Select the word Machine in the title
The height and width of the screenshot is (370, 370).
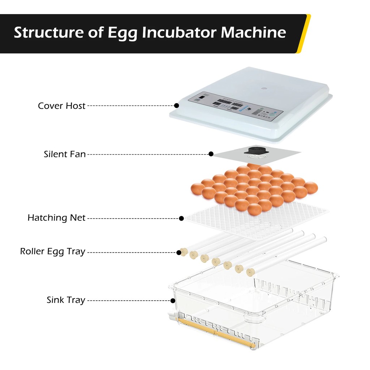coord(253,33)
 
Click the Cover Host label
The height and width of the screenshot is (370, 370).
coord(62,106)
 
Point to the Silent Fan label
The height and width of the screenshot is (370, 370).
coord(65,154)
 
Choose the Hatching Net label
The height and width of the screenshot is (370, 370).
coord(56,218)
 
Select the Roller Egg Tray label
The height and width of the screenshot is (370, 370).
coord(53,251)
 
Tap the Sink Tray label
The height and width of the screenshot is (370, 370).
coord(66,300)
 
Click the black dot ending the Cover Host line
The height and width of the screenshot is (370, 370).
coord(176,106)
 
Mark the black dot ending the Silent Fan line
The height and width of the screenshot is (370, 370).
coord(211,154)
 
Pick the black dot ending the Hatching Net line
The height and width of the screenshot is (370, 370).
coord(181,218)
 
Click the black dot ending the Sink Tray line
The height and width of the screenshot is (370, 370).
coord(173,300)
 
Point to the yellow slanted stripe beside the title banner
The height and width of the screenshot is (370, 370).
coord(303,34)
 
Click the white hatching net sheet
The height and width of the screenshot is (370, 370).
coord(275,220)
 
